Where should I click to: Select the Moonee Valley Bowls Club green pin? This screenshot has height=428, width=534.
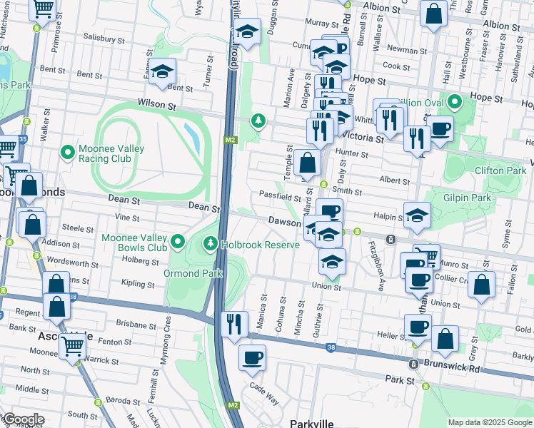pos(178,242)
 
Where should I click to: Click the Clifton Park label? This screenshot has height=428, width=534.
pos(500,170)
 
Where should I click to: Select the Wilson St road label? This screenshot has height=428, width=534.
pos(156,105)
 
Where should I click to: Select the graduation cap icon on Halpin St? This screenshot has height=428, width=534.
pos(417,215)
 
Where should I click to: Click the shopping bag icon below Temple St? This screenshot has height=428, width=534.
pos(307,163)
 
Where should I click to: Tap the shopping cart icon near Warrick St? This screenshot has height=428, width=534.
pos(73,346)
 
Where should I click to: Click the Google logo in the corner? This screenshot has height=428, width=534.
pos(23,419)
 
